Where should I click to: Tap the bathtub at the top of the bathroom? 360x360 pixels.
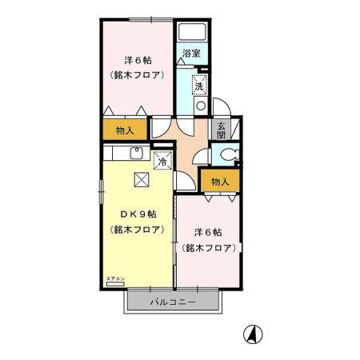click(x=193, y=33)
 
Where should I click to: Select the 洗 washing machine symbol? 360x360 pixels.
click(x=198, y=82)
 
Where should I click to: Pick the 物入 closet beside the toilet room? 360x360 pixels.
click(x=219, y=182)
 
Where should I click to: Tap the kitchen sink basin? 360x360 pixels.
click(x=136, y=154)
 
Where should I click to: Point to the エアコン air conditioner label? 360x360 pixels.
click(x=115, y=277)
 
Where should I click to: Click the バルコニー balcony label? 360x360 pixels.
click(x=172, y=302)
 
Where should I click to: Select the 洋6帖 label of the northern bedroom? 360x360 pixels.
click(x=137, y=61)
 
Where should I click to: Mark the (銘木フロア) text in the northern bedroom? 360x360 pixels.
click(x=137, y=76)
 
